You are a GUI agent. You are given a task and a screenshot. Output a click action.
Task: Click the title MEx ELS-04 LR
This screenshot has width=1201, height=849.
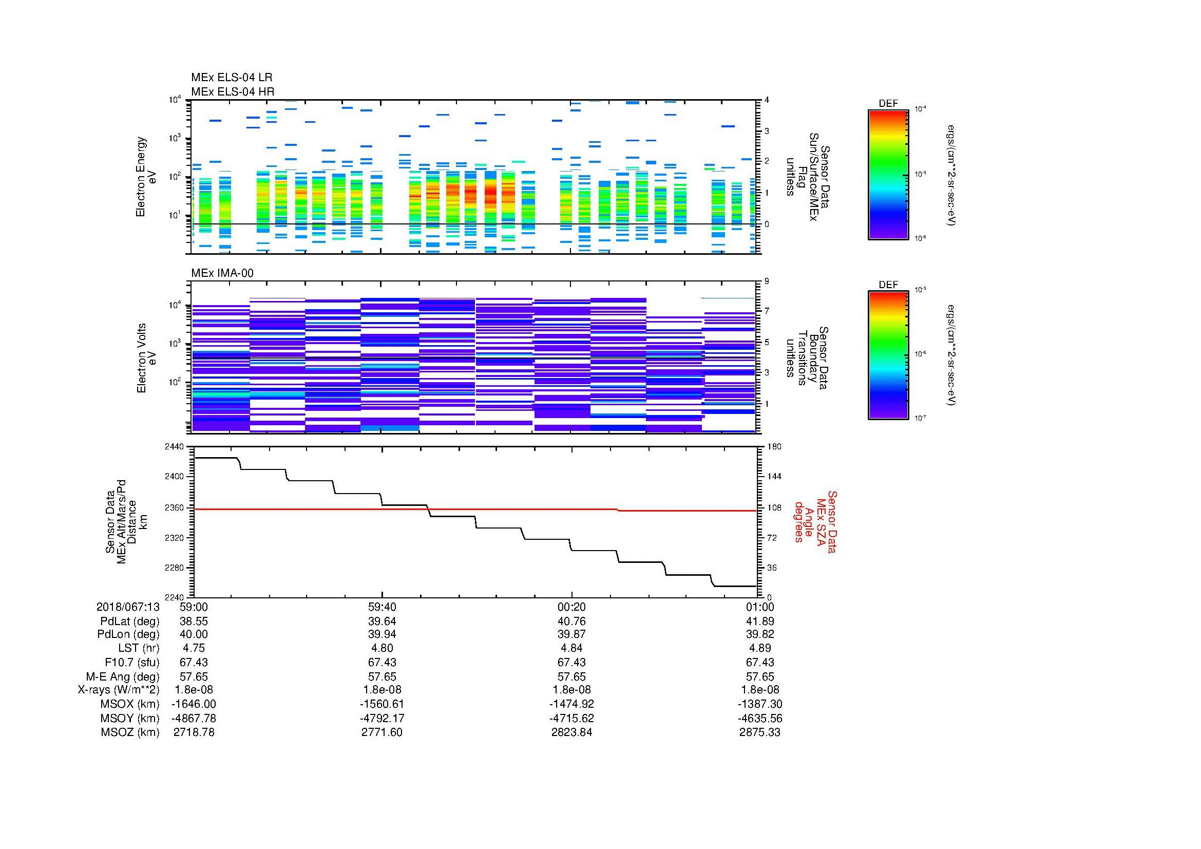(x=231, y=78)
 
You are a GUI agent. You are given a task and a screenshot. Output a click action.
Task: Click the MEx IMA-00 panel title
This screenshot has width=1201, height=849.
(x=222, y=273)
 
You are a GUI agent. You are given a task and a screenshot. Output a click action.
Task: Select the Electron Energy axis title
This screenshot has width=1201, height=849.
(x=141, y=177)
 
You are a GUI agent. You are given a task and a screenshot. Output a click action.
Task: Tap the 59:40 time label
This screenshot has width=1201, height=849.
(x=382, y=607)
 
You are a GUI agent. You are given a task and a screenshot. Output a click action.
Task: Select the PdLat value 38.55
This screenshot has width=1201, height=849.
(x=194, y=621)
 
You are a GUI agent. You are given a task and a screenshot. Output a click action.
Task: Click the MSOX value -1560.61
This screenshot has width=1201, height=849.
(x=382, y=704)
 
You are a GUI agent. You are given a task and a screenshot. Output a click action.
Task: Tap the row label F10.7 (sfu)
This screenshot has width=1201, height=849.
(x=132, y=662)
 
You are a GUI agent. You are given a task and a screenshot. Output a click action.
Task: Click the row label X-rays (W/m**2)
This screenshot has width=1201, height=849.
(x=118, y=690)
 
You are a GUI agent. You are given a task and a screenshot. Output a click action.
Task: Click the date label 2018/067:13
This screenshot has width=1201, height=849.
(x=128, y=607)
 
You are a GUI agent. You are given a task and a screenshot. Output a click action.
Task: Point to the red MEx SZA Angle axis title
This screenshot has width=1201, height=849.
(x=815, y=521)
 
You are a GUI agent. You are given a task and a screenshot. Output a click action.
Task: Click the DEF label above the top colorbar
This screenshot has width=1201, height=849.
(x=888, y=104)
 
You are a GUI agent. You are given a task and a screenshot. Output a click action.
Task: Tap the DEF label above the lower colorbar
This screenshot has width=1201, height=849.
(x=888, y=285)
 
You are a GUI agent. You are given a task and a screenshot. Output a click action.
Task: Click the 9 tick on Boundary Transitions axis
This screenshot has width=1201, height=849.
(x=767, y=281)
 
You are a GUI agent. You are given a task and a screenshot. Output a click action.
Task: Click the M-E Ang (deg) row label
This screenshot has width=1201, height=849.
(x=122, y=676)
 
